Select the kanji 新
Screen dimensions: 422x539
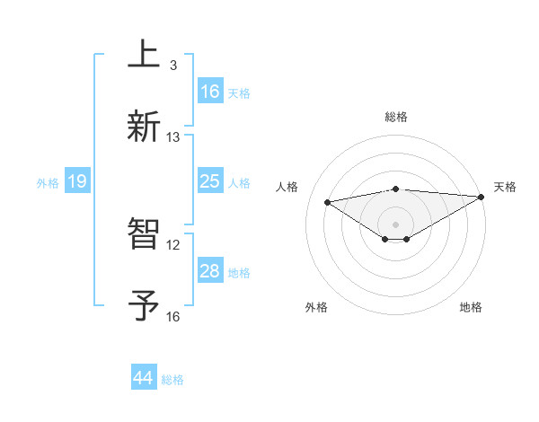pos(145,124)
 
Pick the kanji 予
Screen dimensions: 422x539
pos(145,304)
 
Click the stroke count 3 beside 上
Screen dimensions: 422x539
pos(173,65)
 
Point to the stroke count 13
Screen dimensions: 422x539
pos(173,136)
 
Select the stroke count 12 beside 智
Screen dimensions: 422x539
pos(173,244)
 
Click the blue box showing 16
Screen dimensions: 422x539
pos(209,91)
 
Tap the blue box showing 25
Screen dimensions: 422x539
pos(209,181)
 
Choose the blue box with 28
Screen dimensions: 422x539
pos(209,271)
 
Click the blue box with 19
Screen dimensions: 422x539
pos(76,182)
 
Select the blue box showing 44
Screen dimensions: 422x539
pos(143,378)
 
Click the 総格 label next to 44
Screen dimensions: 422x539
pos(172,380)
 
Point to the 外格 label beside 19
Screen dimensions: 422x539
pos(48,183)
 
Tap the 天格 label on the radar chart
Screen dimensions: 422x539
pos(505,187)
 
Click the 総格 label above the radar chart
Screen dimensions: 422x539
pos(395,117)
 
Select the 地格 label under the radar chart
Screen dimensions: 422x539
pos(471,308)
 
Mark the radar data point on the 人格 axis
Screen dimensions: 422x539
pos(327,201)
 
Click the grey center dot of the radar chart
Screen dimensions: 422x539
pos(395,224)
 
